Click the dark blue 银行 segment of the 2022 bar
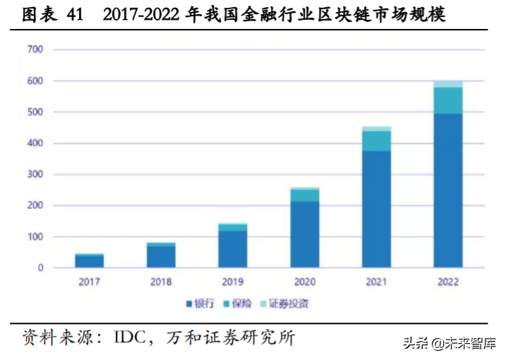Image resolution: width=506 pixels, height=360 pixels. coord(448,191)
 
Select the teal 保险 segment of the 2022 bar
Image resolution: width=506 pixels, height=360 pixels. coord(448,100)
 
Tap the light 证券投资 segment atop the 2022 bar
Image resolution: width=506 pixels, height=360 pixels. coord(448,84)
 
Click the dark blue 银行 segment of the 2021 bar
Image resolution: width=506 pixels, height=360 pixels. coord(376,210)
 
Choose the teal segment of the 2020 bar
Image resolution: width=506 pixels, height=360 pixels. coord(304,195)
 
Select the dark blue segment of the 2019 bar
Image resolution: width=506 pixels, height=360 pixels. coord(233,249)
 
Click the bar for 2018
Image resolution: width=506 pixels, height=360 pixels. coord(161,256)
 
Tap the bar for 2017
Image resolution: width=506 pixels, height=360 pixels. coord(90,261)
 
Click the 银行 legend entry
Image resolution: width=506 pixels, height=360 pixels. coord(203,304)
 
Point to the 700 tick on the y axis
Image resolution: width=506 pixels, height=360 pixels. coord(35,50)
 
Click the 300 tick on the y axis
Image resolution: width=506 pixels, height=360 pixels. coord(35,174)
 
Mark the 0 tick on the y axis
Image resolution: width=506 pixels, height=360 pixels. coord(40,268)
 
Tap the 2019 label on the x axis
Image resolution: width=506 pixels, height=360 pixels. coord(233,282)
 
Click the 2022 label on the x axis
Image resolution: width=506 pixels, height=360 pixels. coord(448,282)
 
